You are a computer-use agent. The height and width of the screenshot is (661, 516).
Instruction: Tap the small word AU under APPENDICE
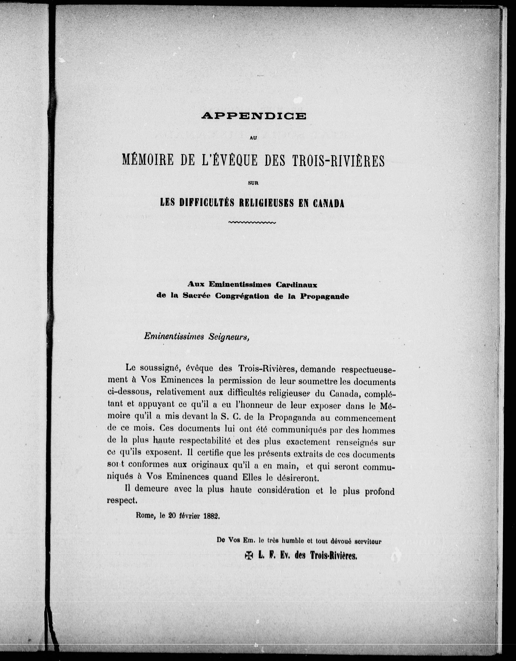pos(253,137)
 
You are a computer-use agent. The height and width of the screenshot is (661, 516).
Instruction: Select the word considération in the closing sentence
pos(284,490)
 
